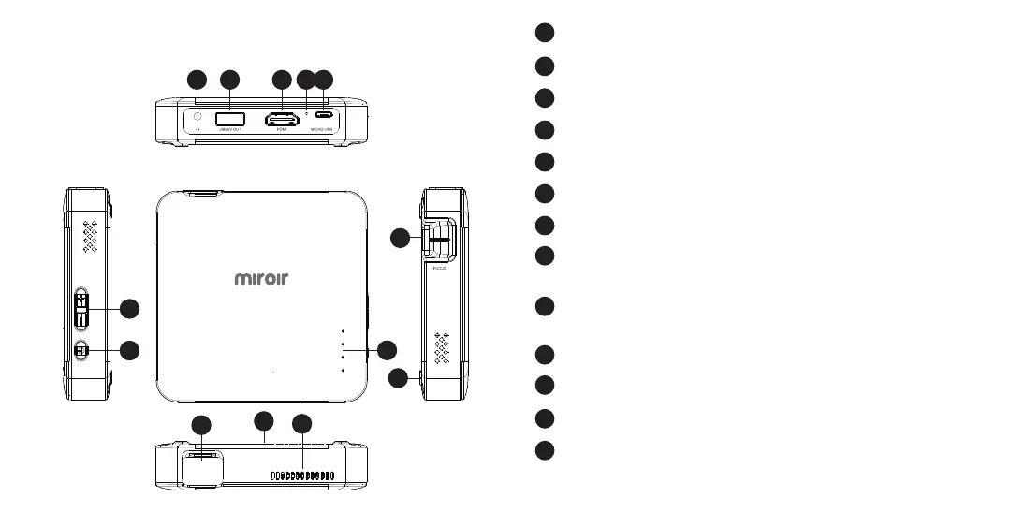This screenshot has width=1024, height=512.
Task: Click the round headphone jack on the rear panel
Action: point(197,117)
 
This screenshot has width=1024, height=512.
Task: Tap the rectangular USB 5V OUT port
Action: point(229,118)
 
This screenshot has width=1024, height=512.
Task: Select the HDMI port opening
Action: point(281,119)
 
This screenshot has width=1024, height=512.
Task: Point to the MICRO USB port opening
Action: point(323,118)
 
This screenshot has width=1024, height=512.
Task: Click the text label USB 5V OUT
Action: point(229,131)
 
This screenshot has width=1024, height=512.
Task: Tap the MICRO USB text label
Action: point(323,131)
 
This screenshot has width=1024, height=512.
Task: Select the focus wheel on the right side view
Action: point(439,241)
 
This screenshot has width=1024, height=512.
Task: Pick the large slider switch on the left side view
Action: point(82,309)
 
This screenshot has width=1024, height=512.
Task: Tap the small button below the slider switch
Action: point(81,350)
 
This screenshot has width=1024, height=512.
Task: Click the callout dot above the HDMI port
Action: point(281,80)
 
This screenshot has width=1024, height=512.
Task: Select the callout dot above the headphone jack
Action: point(197,80)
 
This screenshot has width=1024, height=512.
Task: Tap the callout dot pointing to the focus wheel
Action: point(401,239)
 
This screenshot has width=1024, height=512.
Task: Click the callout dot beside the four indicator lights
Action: point(388,350)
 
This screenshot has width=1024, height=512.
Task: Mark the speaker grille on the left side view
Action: point(91,238)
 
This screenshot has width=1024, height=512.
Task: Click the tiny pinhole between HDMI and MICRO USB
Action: point(307,112)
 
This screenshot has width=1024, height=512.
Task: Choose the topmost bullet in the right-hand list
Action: point(545,34)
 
